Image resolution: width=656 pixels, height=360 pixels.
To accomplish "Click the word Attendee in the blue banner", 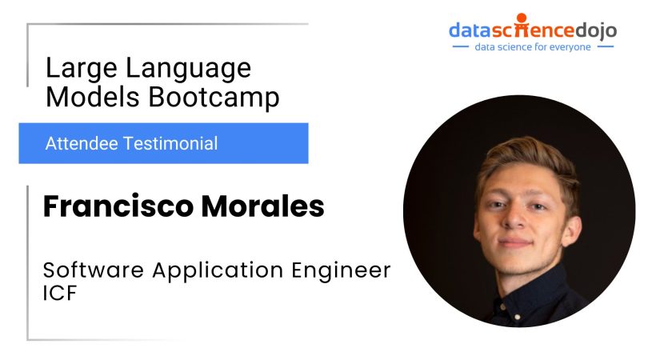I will click(80, 144).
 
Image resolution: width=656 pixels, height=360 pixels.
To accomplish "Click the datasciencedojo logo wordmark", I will click(532, 30).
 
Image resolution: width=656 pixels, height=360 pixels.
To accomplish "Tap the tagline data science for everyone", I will click(532, 47).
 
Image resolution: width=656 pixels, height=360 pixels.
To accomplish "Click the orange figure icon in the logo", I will click(522, 20).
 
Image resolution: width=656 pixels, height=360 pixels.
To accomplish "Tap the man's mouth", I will click(516, 241).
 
